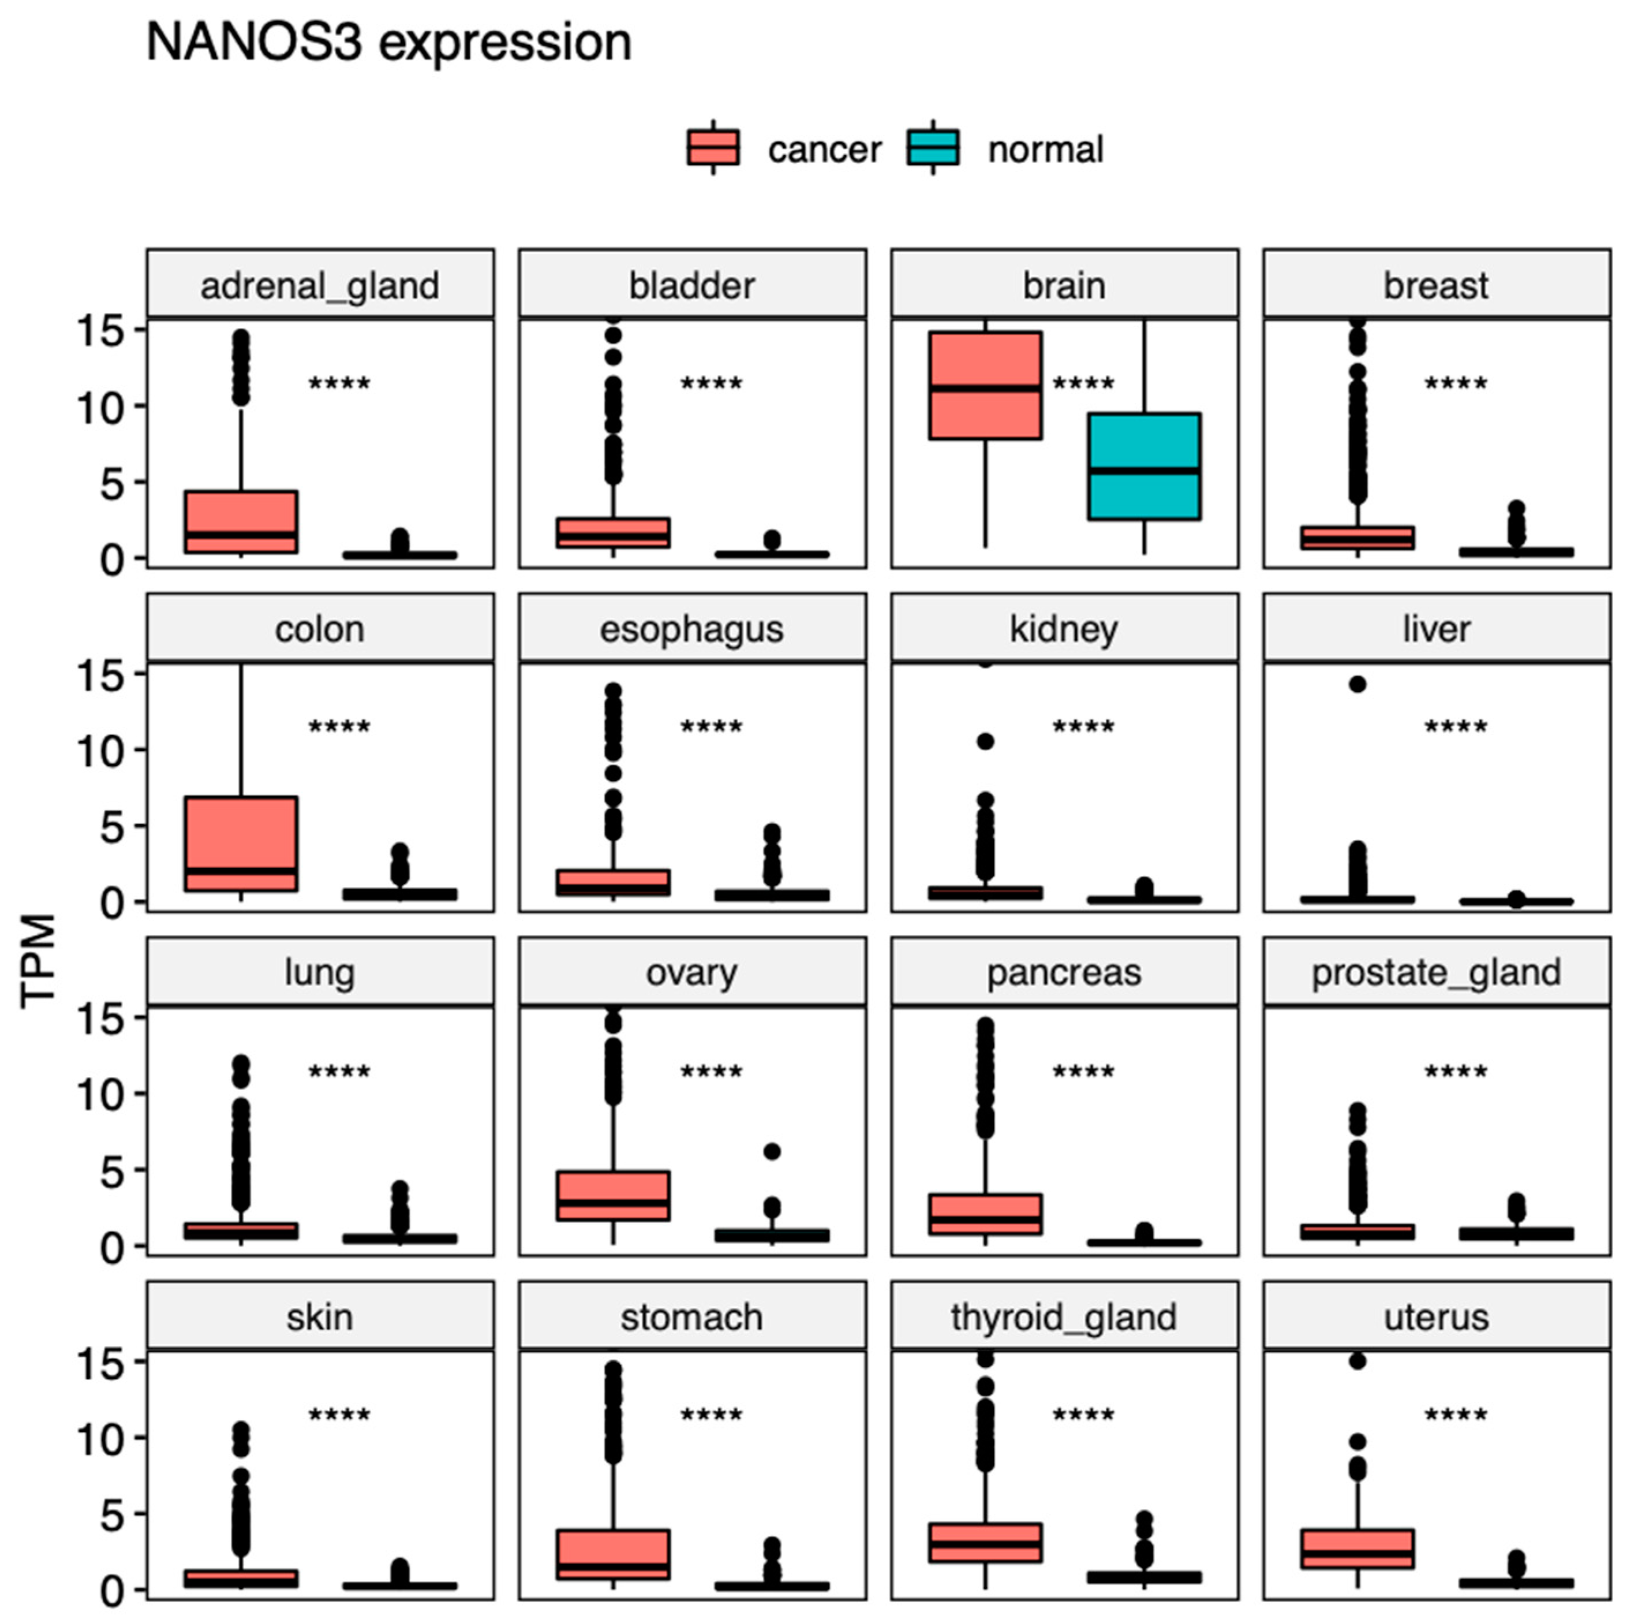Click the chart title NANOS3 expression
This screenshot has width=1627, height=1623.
point(388,42)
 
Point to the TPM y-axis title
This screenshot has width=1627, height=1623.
point(38,960)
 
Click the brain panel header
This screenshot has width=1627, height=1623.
point(1064,285)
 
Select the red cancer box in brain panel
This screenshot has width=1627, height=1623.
point(985,385)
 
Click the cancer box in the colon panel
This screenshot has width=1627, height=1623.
point(241,842)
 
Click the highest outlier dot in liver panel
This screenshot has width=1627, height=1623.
point(1357,684)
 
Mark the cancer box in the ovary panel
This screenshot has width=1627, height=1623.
point(612,1194)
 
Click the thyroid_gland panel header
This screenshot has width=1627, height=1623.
point(1064,1316)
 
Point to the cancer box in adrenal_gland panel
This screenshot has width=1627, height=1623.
point(241,521)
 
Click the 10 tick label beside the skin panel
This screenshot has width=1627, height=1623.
point(99,1439)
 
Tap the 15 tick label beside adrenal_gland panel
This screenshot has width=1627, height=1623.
point(99,330)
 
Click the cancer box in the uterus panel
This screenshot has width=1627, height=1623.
point(1357,1548)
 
